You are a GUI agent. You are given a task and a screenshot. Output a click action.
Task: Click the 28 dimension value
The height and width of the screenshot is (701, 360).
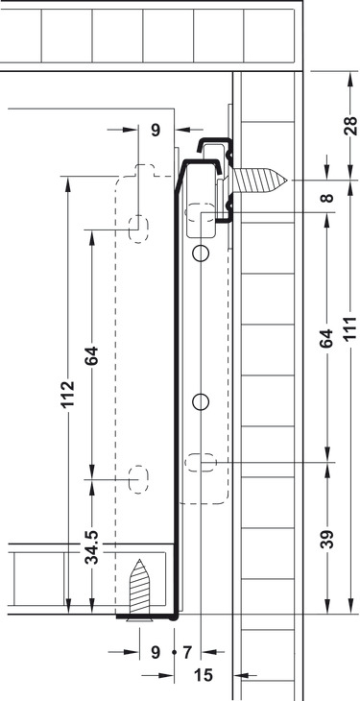351,126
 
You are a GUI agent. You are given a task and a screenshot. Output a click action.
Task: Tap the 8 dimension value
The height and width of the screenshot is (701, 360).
327,198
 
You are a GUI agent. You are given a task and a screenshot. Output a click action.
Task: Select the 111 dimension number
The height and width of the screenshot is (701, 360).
351,328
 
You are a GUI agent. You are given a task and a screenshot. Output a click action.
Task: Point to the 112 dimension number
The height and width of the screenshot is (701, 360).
68,394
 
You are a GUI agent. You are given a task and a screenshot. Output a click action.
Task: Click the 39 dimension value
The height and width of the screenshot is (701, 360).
327,539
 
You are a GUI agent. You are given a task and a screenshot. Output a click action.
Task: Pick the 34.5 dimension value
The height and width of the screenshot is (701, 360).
92,546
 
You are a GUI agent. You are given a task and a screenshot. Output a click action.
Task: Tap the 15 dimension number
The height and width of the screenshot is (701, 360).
204,675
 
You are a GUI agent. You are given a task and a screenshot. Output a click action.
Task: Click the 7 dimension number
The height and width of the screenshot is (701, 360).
187,653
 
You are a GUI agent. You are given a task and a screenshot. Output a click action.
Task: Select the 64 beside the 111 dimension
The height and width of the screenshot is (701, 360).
327,338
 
